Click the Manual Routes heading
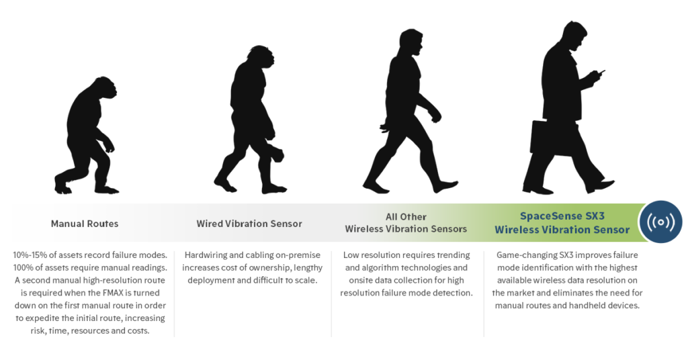coord(84,223)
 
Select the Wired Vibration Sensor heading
coord(249,223)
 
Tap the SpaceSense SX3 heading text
coord(562,216)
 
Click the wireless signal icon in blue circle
coord(660,222)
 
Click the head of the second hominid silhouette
coord(261,59)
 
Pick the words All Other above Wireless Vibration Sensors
coord(405,216)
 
